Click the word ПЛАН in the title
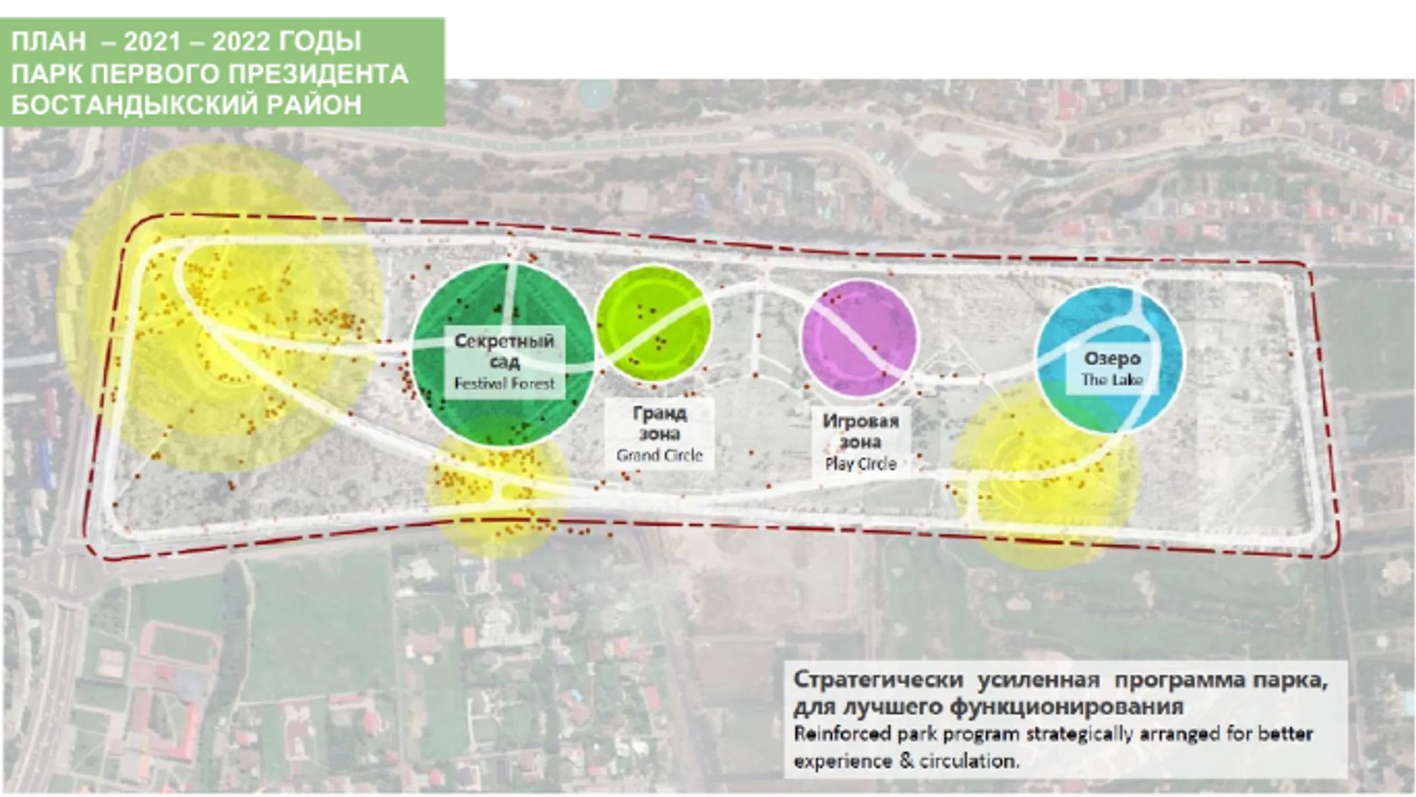click(49, 42)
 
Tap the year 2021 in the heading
click(152, 42)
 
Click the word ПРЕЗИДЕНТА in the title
click(319, 74)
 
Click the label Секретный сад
click(504, 351)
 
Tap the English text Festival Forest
click(504, 383)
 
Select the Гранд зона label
click(659, 423)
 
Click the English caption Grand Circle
click(659, 455)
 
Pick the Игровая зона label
click(861, 431)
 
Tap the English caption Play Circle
click(861, 464)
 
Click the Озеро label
click(1112, 359)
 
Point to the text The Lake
click(1112, 380)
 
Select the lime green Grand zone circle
click(654, 323)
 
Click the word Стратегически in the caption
click(879, 680)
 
